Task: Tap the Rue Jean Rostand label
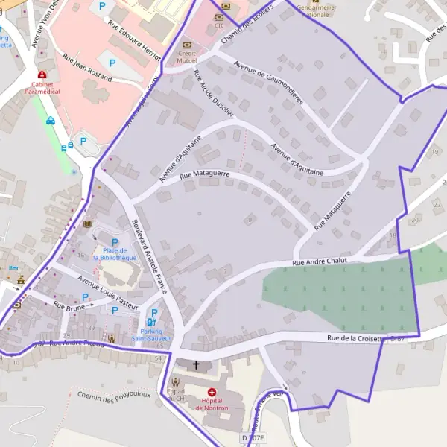(x=87, y=67)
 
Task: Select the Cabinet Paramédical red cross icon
(x=42, y=75)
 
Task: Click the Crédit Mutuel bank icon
(x=187, y=45)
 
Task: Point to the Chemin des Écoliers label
(x=246, y=29)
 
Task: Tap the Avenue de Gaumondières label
(x=270, y=83)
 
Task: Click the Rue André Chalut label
(x=321, y=261)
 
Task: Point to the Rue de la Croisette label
(x=355, y=339)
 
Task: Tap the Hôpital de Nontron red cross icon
(x=212, y=392)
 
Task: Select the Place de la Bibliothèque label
(x=115, y=254)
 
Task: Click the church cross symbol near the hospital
(x=197, y=365)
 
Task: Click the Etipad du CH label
(x=176, y=395)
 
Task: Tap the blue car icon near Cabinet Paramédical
(x=51, y=121)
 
